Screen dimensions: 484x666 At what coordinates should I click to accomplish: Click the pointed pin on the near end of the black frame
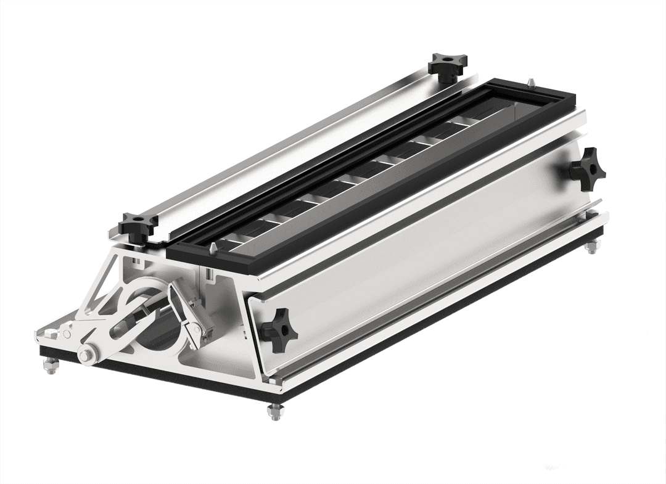212,247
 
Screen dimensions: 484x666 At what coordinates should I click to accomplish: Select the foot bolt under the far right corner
591,247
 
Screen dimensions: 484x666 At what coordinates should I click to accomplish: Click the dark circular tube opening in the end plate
157,333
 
